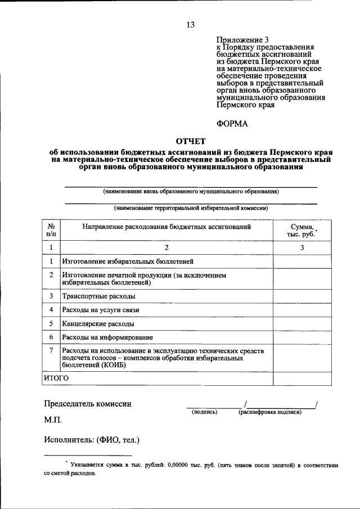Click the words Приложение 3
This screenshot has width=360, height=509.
pos(240,40)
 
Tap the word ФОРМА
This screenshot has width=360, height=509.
pos(232,123)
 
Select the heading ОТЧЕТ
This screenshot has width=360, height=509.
pos(191,140)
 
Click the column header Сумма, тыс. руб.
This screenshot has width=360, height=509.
pos(302,230)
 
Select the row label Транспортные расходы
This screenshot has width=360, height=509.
pos(98,296)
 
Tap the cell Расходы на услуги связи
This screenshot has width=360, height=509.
pos(100,310)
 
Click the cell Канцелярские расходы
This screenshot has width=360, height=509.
pos(98,324)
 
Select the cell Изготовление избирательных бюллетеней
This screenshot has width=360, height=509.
pos(128,262)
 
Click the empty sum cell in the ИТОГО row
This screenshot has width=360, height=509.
pos(302,379)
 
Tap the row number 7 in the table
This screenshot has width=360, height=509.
pos(51,351)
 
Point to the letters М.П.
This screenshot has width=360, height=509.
pos(53,420)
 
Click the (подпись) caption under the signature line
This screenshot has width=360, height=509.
pos(205,412)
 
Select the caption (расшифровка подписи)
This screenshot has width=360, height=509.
pos(269,412)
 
